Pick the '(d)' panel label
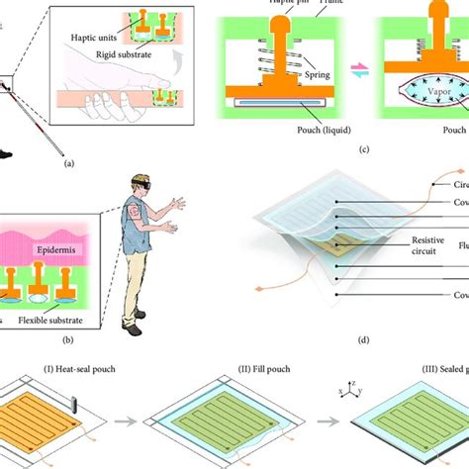pyautogui.click(x=364, y=340)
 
